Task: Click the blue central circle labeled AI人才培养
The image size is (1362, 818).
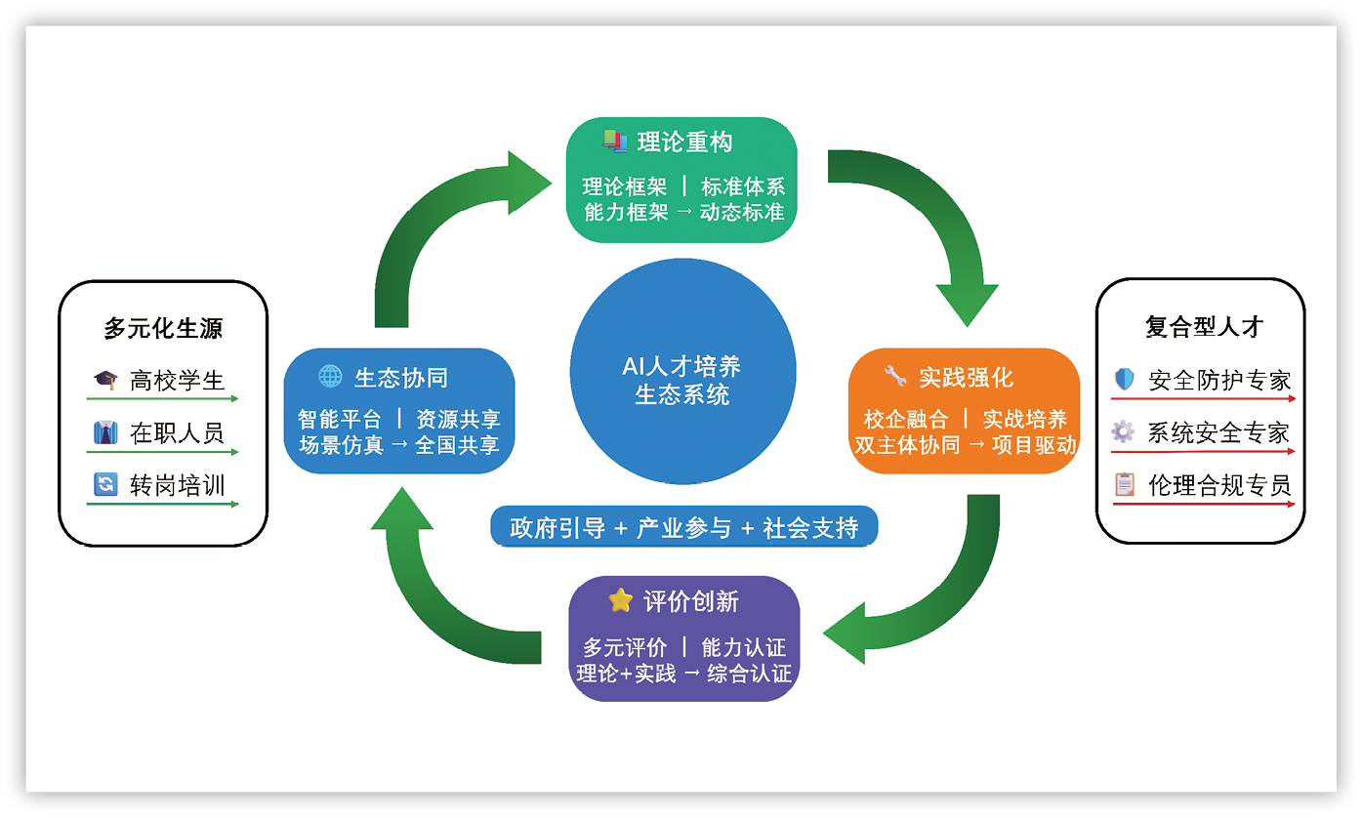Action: (x=682, y=379)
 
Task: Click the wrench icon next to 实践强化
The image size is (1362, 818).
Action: (x=894, y=376)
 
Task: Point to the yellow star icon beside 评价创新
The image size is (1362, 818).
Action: (x=620, y=600)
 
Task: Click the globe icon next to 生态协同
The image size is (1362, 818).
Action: (x=331, y=377)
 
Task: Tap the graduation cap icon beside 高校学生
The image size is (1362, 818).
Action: (x=104, y=380)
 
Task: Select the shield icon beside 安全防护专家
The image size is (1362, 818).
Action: (x=1124, y=380)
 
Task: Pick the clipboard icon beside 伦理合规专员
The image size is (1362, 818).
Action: (x=1125, y=484)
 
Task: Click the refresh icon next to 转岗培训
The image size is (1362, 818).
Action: (x=104, y=484)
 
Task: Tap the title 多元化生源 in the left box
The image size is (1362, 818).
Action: (x=163, y=329)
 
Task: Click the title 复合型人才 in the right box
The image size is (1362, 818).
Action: (x=1204, y=327)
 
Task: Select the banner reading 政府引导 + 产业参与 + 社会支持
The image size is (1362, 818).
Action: (x=683, y=528)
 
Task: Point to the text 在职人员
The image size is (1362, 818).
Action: (x=177, y=432)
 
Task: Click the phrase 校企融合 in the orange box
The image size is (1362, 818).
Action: (x=906, y=420)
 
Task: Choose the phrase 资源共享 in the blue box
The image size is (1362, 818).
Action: (x=458, y=420)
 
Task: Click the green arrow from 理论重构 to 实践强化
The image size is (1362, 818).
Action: (x=937, y=225)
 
